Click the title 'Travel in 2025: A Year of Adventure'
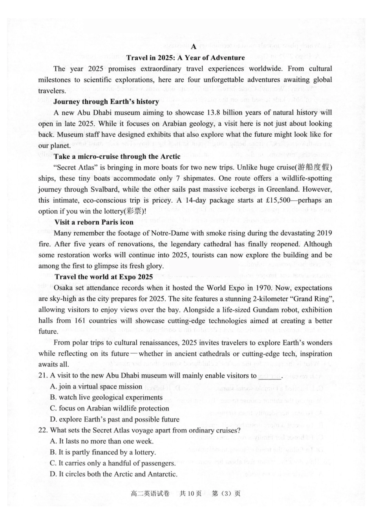(186, 58)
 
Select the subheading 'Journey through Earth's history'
(106, 102)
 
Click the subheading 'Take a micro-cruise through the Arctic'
(117, 156)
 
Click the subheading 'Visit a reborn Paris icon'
(94, 222)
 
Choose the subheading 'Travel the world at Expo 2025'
(104, 277)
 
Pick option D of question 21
(115, 420)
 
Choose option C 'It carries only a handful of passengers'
(113, 463)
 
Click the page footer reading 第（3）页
(226, 494)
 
